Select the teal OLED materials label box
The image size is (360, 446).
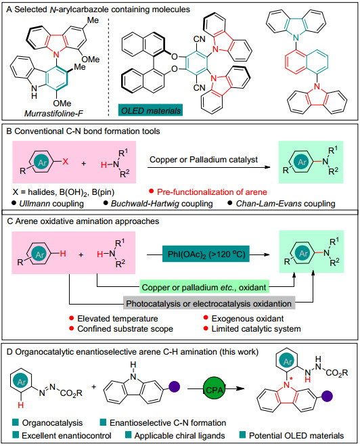(150, 110)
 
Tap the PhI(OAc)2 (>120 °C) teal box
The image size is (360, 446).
(206, 254)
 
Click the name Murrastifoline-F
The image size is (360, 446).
(53, 114)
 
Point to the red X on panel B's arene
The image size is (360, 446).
(66, 162)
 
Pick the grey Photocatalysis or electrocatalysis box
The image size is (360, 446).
(209, 303)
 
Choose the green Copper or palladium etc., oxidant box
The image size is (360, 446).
(204, 287)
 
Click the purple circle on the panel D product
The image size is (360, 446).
(327, 396)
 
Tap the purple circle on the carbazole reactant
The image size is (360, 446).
(175, 387)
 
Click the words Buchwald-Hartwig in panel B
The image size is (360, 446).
(145, 204)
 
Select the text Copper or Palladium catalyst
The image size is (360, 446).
(204, 160)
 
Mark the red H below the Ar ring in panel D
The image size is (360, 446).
(20, 405)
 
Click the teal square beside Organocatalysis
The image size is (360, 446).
(16, 422)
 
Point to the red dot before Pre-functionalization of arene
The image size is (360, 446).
(152, 191)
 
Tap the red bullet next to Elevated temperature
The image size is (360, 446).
(72, 318)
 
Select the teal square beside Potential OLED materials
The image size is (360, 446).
(242, 435)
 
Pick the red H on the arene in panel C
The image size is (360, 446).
(63, 253)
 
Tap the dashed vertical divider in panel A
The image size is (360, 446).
(109, 67)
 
